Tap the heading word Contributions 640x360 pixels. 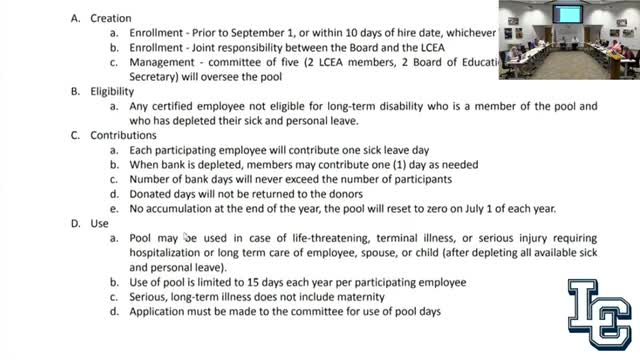click(125, 135)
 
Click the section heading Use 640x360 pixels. click(99, 223)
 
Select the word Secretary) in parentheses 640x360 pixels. click(156, 76)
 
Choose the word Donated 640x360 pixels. click(153, 194)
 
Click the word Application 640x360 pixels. click(162, 311)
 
